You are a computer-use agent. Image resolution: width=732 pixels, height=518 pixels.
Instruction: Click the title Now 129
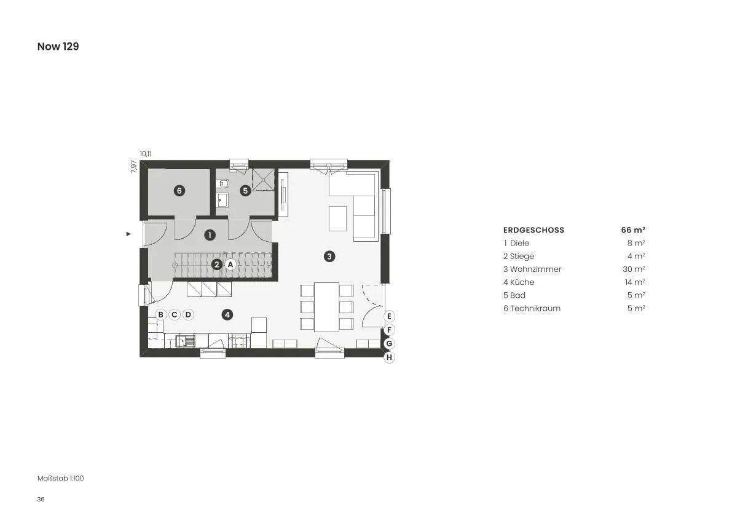(x=58, y=46)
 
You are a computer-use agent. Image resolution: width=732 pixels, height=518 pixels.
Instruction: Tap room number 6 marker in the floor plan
(x=179, y=191)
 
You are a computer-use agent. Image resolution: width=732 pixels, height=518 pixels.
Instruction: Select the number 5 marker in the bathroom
(x=245, y=191)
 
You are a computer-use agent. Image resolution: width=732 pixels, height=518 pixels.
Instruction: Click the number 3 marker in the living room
(x=329, y=256)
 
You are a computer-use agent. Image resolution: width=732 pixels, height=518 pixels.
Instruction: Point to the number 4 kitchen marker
(x=227, y=315)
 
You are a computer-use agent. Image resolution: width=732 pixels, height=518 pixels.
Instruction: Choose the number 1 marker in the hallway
(x=210, y=235)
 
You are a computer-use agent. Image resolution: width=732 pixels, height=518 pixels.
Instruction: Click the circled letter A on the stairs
(x=230, y=265)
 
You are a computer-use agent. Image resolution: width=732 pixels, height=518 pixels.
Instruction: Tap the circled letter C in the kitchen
(x=174, y=315)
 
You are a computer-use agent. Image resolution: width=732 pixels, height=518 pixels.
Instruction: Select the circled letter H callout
(x=389, y=358)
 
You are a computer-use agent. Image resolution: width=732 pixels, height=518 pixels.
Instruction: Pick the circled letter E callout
(x=389, y=316)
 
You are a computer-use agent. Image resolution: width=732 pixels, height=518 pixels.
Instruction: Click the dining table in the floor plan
(x=326, y=307)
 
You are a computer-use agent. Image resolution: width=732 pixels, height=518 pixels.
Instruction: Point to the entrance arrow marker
(x=128, y=234)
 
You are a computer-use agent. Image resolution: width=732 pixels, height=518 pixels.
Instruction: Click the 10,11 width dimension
(x=146, y=154)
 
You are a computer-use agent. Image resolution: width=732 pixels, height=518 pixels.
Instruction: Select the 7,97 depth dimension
(x=133, y=167)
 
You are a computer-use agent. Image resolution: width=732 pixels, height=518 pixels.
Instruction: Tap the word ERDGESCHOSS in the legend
(x=533, y=230)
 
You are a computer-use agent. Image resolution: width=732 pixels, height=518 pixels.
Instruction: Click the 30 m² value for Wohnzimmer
(x=634, y=269)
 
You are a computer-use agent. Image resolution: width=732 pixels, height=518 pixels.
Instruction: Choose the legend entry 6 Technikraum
(x=532, y=308)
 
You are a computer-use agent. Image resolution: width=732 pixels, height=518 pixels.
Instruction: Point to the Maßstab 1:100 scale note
(x=61, y=478)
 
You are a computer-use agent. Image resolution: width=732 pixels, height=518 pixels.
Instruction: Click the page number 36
(x=41, y=500)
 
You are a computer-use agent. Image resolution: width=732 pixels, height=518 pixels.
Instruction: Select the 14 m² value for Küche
(x=635, y=282)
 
